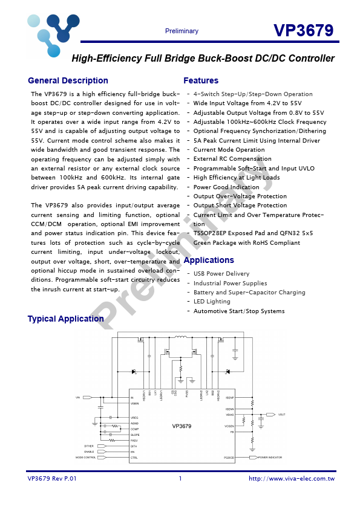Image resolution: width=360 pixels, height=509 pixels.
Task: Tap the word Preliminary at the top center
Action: click(182, 31)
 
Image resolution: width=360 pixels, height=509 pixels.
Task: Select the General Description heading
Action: click(68, 80)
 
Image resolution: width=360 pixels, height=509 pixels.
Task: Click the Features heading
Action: click(201, 80)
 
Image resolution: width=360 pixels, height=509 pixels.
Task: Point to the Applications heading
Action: click(208, 260)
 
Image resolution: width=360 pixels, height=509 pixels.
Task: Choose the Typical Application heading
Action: click(65, 319)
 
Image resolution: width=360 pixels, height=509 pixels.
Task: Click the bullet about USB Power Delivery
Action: click(221, 274)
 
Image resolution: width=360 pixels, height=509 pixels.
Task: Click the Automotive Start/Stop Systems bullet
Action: click(238, 311)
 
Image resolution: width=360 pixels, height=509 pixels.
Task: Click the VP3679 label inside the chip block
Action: click(182, 426)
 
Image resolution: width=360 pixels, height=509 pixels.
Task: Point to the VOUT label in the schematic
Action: click(282, 415)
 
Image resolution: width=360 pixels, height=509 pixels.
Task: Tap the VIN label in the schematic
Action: click(77, 398)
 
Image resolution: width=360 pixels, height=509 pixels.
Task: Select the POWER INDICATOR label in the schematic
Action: click(270, 458)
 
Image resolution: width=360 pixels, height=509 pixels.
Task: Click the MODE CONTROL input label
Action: click(86, 458)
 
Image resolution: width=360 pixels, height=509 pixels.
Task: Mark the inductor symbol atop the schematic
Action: click(180, 337)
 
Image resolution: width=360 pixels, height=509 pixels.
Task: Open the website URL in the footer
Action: click(292, 479)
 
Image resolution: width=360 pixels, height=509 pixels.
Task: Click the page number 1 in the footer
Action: click(180, 479)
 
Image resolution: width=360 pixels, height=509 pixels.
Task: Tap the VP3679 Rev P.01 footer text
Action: click(52, 479)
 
